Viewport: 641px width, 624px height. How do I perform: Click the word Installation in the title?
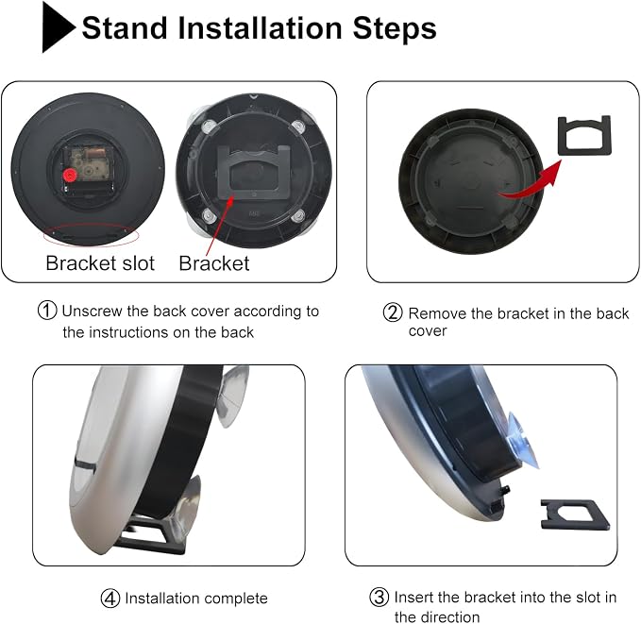[x=261, y=27]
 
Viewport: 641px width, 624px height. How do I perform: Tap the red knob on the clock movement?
[x=70, y=176]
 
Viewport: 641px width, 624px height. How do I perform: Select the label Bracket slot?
[x=100, y=263]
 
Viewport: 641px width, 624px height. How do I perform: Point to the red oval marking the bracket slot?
[x=92, y=235]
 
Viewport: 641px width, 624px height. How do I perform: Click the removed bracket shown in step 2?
[x=584, y=135]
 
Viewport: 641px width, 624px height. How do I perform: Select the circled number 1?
[x=47, y=311]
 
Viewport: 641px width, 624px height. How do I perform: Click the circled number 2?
[x=393, y=312]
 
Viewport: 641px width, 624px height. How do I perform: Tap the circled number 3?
[x=379, y=597]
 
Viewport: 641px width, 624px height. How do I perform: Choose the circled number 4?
[x=110, y=599]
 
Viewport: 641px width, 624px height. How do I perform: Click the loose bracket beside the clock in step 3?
[x=575, y=514]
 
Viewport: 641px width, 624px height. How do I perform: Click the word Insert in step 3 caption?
[x=413, y=598]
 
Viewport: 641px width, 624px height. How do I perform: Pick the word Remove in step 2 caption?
[x=437, y=313]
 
